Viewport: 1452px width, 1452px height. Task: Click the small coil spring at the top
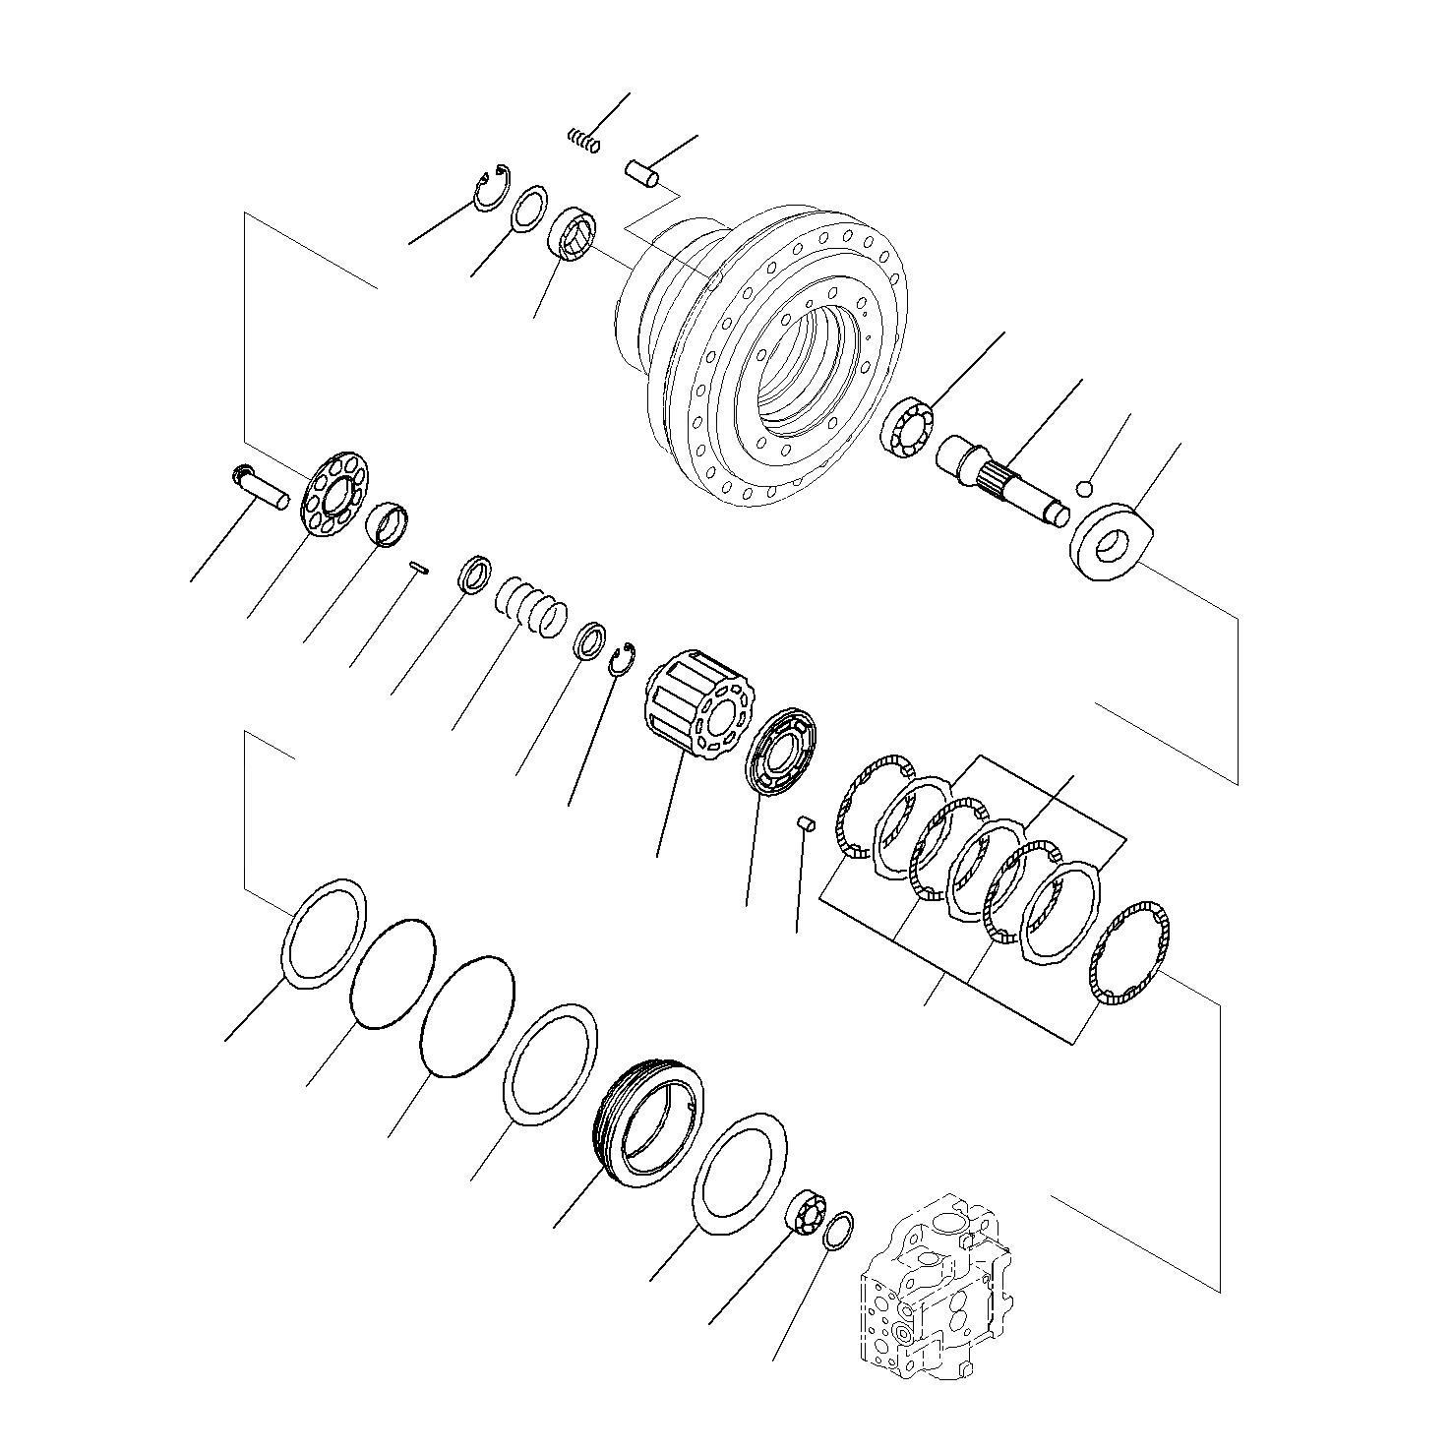point(583,141)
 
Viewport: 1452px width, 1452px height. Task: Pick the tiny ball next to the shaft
point(1084,487)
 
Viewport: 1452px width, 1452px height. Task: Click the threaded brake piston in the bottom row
point(650,1122)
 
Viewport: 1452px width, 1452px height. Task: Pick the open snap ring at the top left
point(490,188)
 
